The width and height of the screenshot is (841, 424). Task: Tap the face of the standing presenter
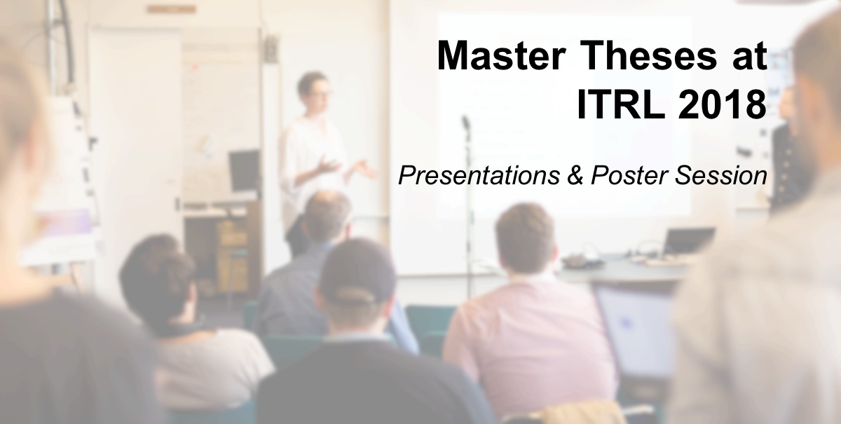tap(314, 91)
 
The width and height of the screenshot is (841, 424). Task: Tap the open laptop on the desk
tap(688, 242)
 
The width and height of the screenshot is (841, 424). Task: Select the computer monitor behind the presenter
tap(244, 170)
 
